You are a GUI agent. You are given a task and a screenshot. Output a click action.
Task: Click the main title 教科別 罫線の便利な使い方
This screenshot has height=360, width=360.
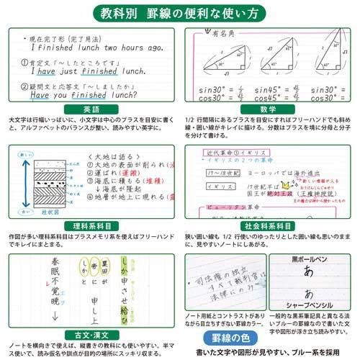180,12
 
